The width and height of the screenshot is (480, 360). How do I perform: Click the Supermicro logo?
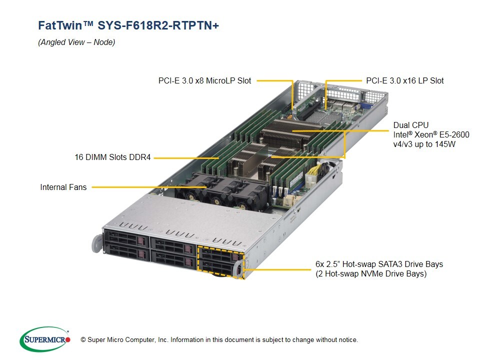(x=44, y=339)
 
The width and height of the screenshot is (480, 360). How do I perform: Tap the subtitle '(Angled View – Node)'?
(x=76, y=42)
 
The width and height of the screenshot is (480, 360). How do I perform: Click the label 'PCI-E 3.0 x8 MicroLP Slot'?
(x=204, y=80)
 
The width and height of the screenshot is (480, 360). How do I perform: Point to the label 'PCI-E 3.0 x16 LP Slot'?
(x=404, y=80)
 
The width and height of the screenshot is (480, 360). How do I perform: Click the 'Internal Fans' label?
(x=63, y=187)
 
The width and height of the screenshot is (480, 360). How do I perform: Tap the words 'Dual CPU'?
(x=410, y=125)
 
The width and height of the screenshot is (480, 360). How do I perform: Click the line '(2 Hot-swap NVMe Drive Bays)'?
(x=370, y=274)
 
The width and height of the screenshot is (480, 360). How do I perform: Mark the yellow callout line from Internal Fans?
(x=150, y=187)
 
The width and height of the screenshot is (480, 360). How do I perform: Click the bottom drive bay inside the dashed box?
(x=219, y=270)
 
